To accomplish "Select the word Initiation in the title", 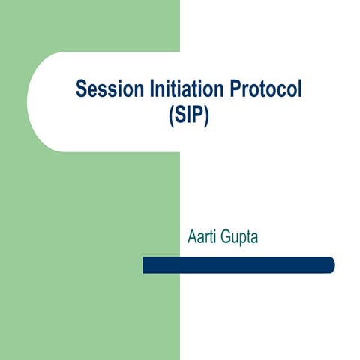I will [x=175, y=89].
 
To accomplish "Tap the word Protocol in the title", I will [x=256, y=89].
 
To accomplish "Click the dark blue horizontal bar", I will [x=238, y=265].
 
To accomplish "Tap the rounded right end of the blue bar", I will [x=330, y=265].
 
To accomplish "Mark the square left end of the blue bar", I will [x=145, y=265].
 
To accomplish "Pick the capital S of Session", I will [x=81, y=89].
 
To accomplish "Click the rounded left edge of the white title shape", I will [x=29, y=102].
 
